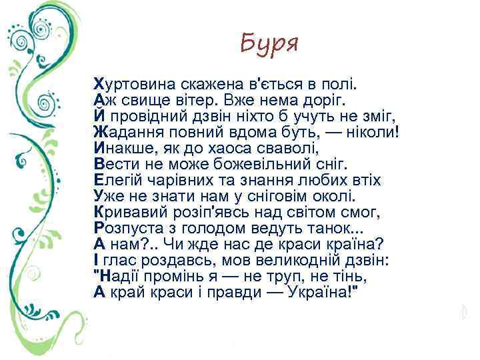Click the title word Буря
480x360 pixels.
(269, 44)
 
